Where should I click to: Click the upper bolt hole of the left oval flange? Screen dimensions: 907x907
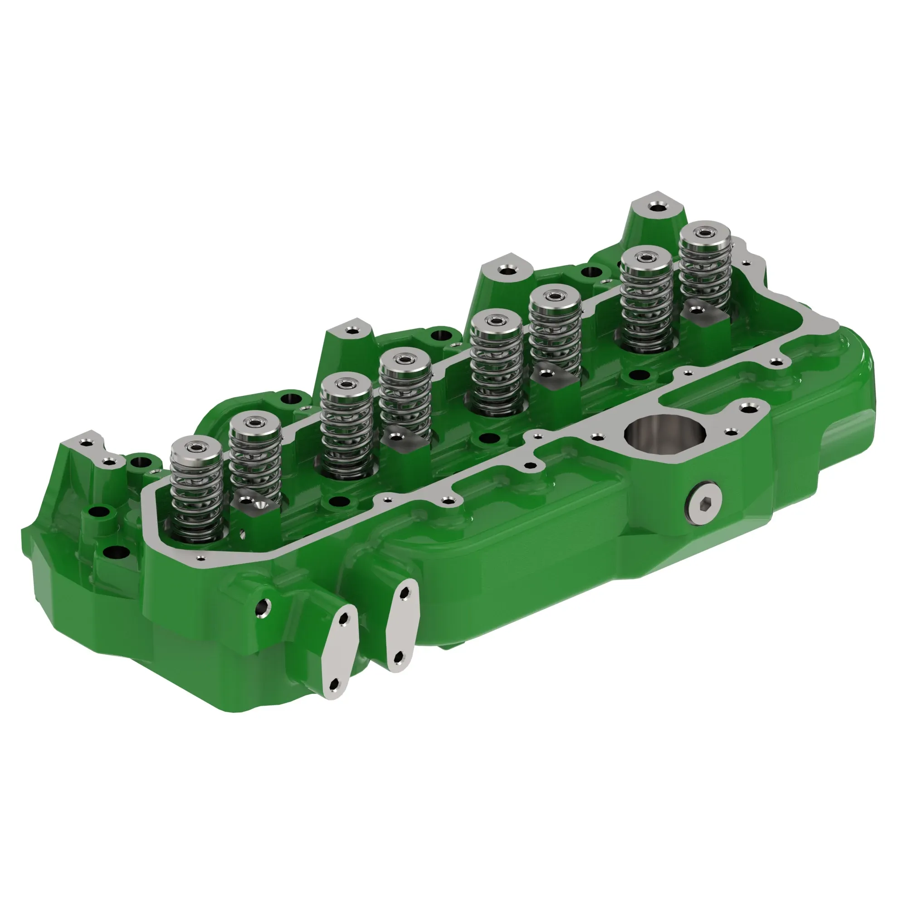(343, 619)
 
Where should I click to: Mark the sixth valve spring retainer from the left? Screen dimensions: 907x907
(555, 296)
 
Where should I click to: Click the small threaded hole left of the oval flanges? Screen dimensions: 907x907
(262, 608)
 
